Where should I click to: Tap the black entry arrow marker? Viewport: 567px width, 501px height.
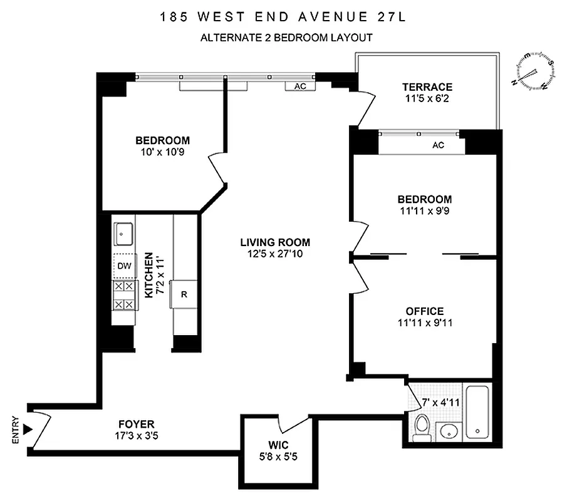[x=26, y=430]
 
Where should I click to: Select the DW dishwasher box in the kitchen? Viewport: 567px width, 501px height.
[x=124, y=266]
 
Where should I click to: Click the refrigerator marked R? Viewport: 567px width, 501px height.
[x=184, y=294]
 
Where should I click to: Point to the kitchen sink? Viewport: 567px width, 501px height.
[x=123, y=234]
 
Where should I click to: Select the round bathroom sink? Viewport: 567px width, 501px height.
[x=448, y=431]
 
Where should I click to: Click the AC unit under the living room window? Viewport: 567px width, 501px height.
[x=300, y=86]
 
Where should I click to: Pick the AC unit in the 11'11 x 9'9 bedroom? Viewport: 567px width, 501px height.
[x=438, y=145]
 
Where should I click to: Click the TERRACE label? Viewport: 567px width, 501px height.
[x=427, y=87]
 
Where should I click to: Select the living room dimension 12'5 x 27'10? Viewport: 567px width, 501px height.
[x=275, y=254]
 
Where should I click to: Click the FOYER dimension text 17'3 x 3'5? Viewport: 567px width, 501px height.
[x=134, y=436]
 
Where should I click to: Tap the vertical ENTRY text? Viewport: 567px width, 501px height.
[x=15, y=431]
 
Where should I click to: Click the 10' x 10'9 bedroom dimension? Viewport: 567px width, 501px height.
[x=162, y=152]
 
